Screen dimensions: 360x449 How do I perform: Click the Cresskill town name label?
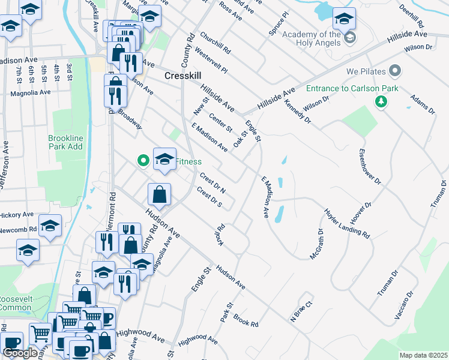[x=182, y=76]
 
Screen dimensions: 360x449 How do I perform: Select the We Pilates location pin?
[x=395, y=71]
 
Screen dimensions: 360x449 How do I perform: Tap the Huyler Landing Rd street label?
[x=346, y=223]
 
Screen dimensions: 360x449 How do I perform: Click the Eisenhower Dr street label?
[x=370, y=170]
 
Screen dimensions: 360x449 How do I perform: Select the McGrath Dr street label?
[x=316, y=244]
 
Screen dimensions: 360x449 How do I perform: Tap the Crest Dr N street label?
[x=212, y=183]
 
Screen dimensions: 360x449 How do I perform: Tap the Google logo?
[x=20, y=353]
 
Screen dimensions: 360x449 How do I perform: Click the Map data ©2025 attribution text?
[x=423, y=355]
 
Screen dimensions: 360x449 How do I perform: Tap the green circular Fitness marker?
[x=143, y=161]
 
